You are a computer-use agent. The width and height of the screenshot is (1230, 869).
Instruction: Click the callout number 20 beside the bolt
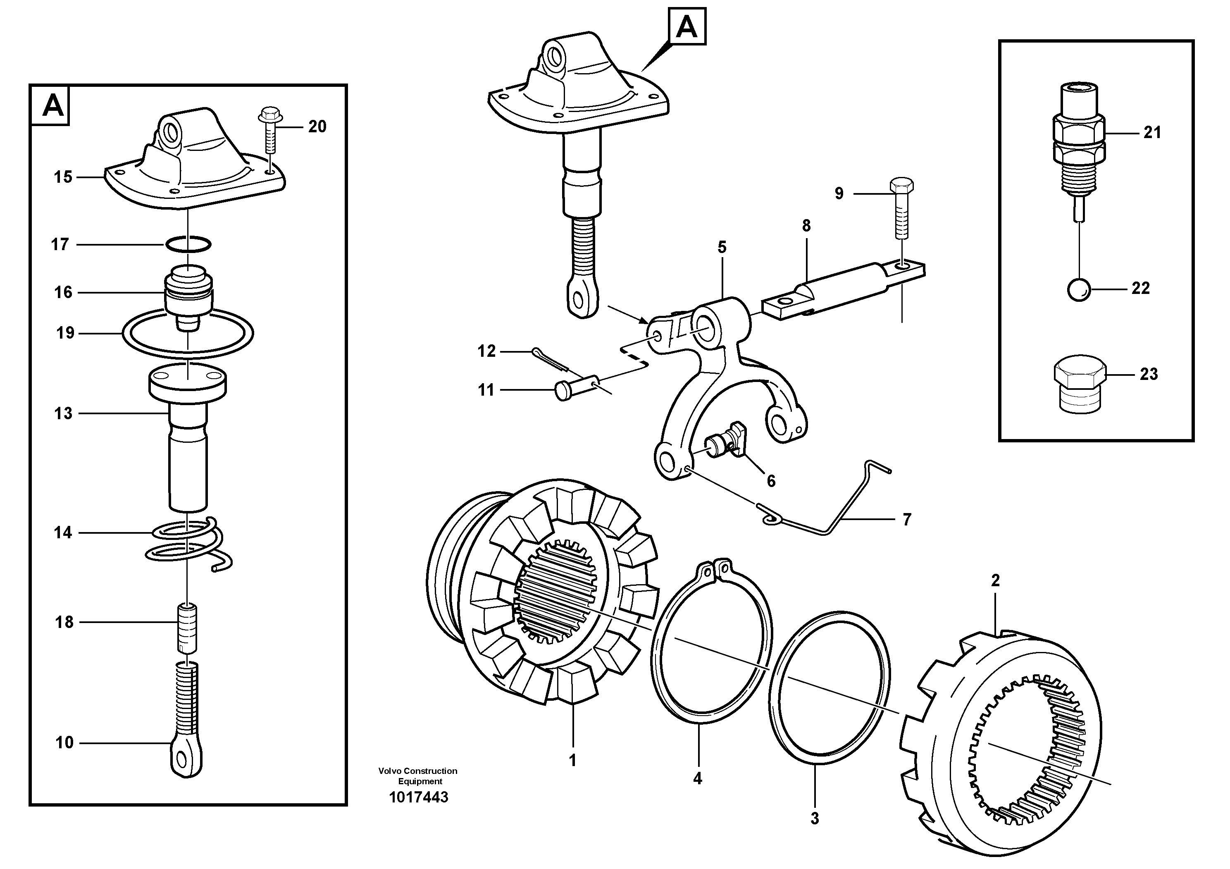[317, 127]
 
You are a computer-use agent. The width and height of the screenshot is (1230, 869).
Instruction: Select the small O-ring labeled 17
[188, 244]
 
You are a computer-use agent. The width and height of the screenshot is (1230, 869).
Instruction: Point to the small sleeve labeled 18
[187, 628]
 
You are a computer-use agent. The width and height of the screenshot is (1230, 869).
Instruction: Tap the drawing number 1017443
[418, 797]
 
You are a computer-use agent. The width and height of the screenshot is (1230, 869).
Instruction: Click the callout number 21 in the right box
[1152, 132]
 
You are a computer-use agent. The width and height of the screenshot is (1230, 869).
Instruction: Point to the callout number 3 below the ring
[814, 819]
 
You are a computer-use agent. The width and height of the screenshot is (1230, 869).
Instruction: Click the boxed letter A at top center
[687, 26]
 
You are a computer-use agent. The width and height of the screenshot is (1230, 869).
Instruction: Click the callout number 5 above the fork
[722, 248]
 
